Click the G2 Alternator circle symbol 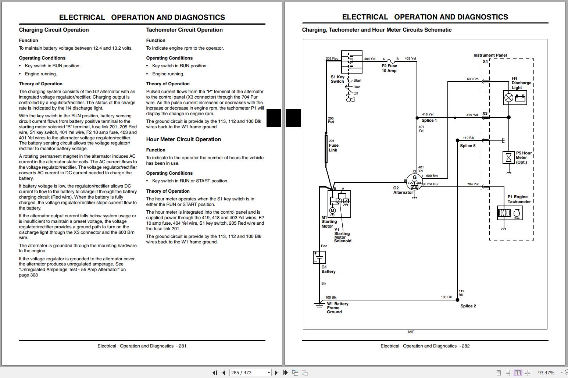(414, 182)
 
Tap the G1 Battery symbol (319, 257)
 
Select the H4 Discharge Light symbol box (515, 98)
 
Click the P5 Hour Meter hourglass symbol (508, 157)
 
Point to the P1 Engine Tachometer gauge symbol (510, 213)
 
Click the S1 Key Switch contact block (351, 62)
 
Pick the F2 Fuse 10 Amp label (389, 68)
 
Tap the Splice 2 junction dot (457, 300)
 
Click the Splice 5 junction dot (457, 140)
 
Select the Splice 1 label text (429, 120)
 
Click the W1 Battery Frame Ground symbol (319, 305)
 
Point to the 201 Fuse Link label (333, 145)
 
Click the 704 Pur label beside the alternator (432, 184)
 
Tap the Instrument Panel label (490, 55)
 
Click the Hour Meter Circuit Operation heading (183, 139)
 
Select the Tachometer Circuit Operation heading (184, 30)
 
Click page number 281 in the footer (183, 346)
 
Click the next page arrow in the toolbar (276, 372)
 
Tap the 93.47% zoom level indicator (546, 372)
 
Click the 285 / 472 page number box (250, 372)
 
